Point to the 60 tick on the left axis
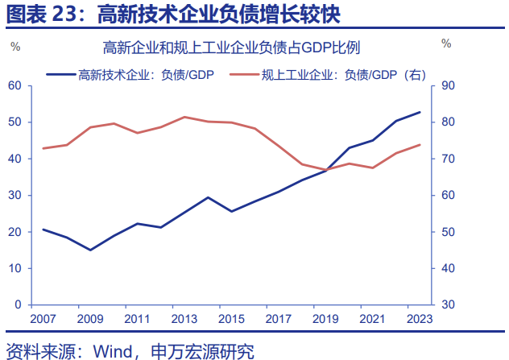(x=14, y=85)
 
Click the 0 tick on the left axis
(x=18, y=304)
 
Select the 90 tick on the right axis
(x=448, y=85)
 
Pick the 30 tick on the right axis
(x=448, y=304)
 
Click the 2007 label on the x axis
(x=42, y=319)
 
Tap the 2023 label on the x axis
(x=420, y=319)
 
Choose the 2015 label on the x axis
(x=231, y=319)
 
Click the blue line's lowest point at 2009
(x=90, y=250)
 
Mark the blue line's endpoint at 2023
(x=420, y=112)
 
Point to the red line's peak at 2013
(x=184, y=117)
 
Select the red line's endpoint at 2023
(x=420, y=145)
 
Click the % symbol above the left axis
(x=14, y=45)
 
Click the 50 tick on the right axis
(x=448, y=232)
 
